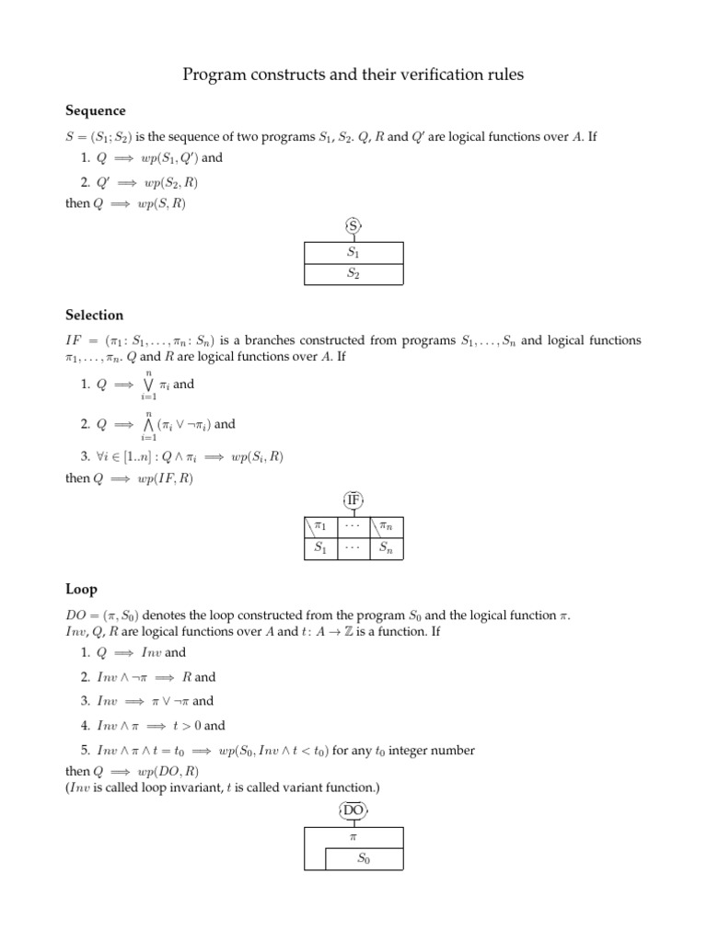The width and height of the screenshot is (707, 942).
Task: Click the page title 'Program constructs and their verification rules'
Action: (x=353, y=75)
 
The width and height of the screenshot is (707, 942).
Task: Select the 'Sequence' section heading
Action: (x=95, y=111)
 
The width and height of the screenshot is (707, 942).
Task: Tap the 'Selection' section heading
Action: (x=94, y=316)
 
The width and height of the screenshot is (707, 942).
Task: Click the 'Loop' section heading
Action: (x=81, y=590)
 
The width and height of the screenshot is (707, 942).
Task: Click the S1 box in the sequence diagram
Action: (x=353, y=251)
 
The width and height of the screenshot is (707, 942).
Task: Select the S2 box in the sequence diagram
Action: (x=353, y=274)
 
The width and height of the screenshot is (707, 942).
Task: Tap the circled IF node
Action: (x=353, y=500)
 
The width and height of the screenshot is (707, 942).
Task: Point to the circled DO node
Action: (x=353, y=810)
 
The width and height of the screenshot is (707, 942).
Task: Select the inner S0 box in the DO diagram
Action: (x=365, y=859)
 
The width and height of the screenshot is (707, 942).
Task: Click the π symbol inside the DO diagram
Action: (x=353, y=837)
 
